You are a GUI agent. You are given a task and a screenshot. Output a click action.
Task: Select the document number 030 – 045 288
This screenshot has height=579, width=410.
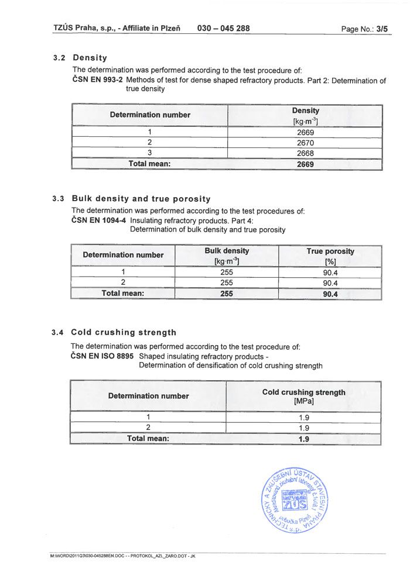coord(224,28)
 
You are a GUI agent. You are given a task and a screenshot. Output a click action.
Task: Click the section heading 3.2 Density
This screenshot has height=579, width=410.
coord(80,58)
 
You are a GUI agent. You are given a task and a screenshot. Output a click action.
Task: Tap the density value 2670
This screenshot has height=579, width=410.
coord(305,143)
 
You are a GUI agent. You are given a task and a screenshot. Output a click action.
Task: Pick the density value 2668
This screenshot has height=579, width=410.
coord(305,153)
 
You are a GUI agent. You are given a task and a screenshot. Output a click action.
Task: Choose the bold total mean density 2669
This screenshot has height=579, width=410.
coord(305,164)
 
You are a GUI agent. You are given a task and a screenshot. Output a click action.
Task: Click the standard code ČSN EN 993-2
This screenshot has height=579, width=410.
coord(97,80)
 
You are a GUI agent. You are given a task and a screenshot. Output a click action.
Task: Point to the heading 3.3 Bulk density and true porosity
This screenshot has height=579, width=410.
coord(132,199)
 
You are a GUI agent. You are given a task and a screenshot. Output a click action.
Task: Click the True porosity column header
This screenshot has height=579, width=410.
coord(330,256)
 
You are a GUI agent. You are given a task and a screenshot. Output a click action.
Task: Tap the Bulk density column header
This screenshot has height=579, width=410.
coord(227,256)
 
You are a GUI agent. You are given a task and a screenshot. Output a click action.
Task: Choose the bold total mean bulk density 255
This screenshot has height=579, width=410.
coord(227,294)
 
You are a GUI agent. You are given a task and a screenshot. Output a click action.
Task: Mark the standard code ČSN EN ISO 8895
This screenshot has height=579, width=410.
coord(102,356)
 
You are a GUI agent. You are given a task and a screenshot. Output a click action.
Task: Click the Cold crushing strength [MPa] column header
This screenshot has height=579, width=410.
coord(303,397)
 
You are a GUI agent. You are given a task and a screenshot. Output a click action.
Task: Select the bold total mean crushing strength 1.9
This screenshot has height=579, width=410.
coord(303,439)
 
